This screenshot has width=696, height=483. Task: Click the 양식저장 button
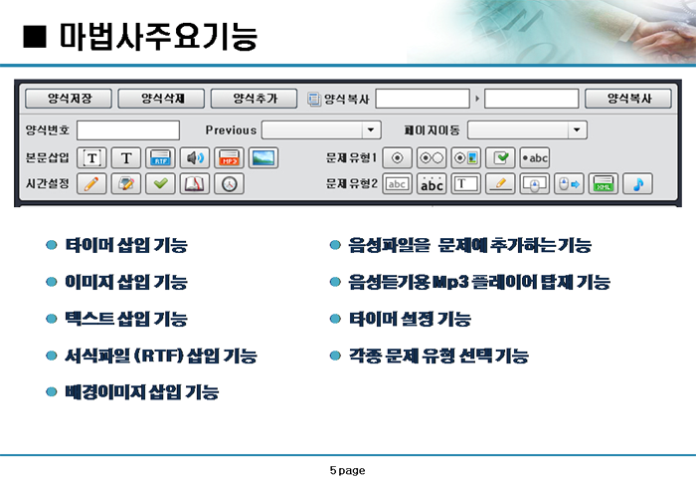[69, 99]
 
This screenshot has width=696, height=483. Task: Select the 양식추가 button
[254, 99]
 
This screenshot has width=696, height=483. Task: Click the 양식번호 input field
[128, 130]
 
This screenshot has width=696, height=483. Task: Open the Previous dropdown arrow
[371, 130]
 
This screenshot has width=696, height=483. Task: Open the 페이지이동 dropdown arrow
[577, 130]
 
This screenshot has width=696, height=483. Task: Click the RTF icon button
[160, 158]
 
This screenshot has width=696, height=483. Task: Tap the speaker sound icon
[195, 158]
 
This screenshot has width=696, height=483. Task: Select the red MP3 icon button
[229, 158]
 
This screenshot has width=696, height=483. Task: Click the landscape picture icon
[263, 158]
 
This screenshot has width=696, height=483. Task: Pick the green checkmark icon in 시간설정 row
[160, 183]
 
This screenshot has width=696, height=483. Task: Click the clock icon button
[229, 183]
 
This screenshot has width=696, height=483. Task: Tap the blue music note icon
[638, 183]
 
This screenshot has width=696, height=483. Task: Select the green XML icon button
[604, 183]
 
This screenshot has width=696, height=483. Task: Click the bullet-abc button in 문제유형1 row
[535, 158]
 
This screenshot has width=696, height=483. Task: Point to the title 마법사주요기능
[158, 37]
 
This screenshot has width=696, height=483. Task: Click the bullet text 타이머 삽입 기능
[126, 245]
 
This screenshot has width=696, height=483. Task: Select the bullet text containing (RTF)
[161, 356]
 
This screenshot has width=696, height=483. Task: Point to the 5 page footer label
[348, 470]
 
